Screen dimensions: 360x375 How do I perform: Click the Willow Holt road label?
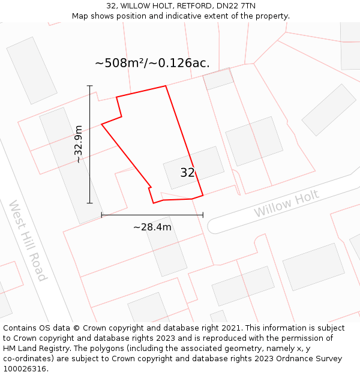pyautogui.click(x=286, y=204)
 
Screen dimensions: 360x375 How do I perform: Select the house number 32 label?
pyautogui.click(x=187, y=173)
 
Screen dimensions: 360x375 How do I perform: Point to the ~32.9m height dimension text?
pyautogui.click(x=79, y=145)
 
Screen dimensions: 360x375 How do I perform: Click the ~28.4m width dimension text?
pyautogui.click(x=152, y=227)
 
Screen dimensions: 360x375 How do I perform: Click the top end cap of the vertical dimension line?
pyautogui.click(x=90, y=86)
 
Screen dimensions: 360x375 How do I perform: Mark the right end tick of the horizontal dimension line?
pyautogui.click(x=203, y=215)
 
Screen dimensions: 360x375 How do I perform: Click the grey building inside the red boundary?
pyautogui.click(x=193, y=167)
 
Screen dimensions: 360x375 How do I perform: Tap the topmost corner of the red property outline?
pyautogui.click(x=165, y=86)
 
